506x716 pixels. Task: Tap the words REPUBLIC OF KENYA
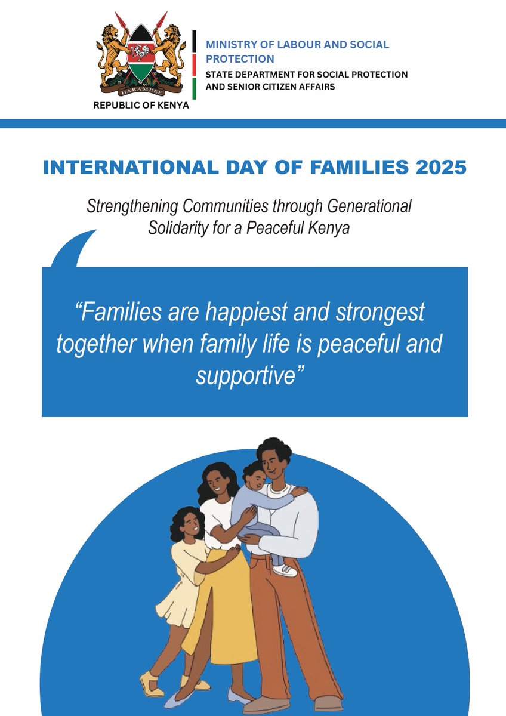(141, 106)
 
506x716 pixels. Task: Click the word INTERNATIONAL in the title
(120, 167)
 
